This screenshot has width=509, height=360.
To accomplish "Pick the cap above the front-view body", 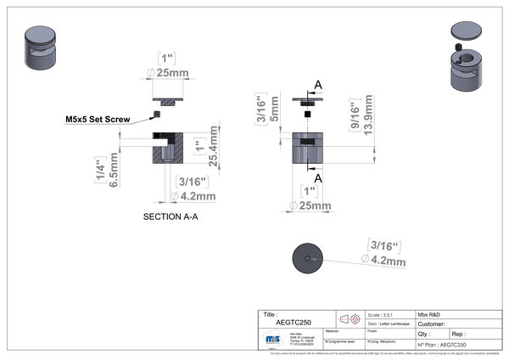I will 309,101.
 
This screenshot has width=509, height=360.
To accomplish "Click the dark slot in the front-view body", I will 309,139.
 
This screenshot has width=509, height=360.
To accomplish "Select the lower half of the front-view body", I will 309,153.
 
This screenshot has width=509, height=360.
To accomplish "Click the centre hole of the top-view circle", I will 309,256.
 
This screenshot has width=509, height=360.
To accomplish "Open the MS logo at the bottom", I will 273,337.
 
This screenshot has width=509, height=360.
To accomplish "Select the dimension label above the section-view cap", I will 167,63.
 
